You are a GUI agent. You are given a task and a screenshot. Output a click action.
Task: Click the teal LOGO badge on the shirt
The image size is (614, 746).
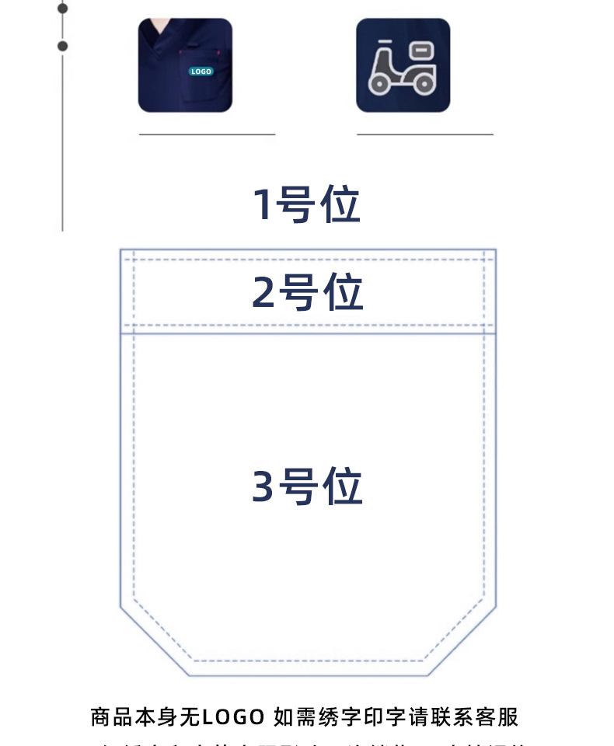[x=201, y=71]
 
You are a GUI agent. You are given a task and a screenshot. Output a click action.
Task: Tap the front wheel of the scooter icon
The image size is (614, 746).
[x=380, y=84]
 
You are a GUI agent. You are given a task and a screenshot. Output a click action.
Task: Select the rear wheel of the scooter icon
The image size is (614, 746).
[x=424, y=84]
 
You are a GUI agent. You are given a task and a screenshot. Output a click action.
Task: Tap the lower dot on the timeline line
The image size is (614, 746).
[x=63, y=46]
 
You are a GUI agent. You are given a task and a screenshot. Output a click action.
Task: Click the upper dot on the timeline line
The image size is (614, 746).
[x=63, y=9]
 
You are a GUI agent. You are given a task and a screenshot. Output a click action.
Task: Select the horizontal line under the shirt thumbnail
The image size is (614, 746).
[x=207, y=134]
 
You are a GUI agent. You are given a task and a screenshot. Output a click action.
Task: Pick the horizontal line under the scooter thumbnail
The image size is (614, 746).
[x=424, y=134]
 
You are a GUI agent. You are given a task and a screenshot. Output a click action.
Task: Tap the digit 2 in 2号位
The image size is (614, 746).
[x=264, y=293]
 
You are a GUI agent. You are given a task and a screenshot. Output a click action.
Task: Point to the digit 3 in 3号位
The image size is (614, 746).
[x=264, y=487]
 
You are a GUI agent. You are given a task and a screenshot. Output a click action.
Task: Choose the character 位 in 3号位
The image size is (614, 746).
[x=343, y=487]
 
